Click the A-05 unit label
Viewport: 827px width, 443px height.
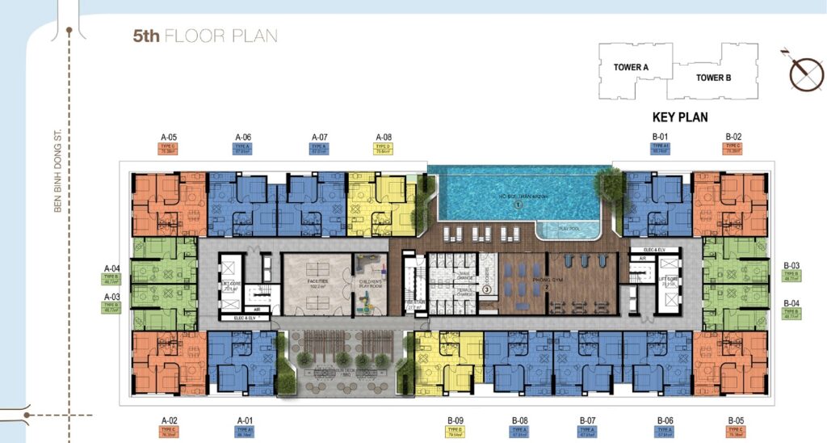tap(168, 137)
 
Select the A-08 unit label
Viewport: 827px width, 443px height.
tap(384, 137)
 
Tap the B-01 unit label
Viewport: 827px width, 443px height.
tap(660, 137)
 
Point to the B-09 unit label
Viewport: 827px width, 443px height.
tap(455, 420)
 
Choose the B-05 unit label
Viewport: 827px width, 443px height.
tap(735, 420)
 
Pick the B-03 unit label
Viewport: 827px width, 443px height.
tap(791, 265)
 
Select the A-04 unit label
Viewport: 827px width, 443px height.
tap(112, 268)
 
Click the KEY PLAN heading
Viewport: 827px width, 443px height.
tap(680, 117)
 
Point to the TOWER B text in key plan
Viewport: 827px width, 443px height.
tap(713, 78)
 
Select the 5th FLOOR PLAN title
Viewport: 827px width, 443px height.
tap(205, 36)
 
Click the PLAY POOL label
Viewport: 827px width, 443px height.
tap(569, 230)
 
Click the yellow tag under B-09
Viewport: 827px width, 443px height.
tap(455, 432)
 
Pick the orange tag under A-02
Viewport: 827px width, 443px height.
tap(169, 432)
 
